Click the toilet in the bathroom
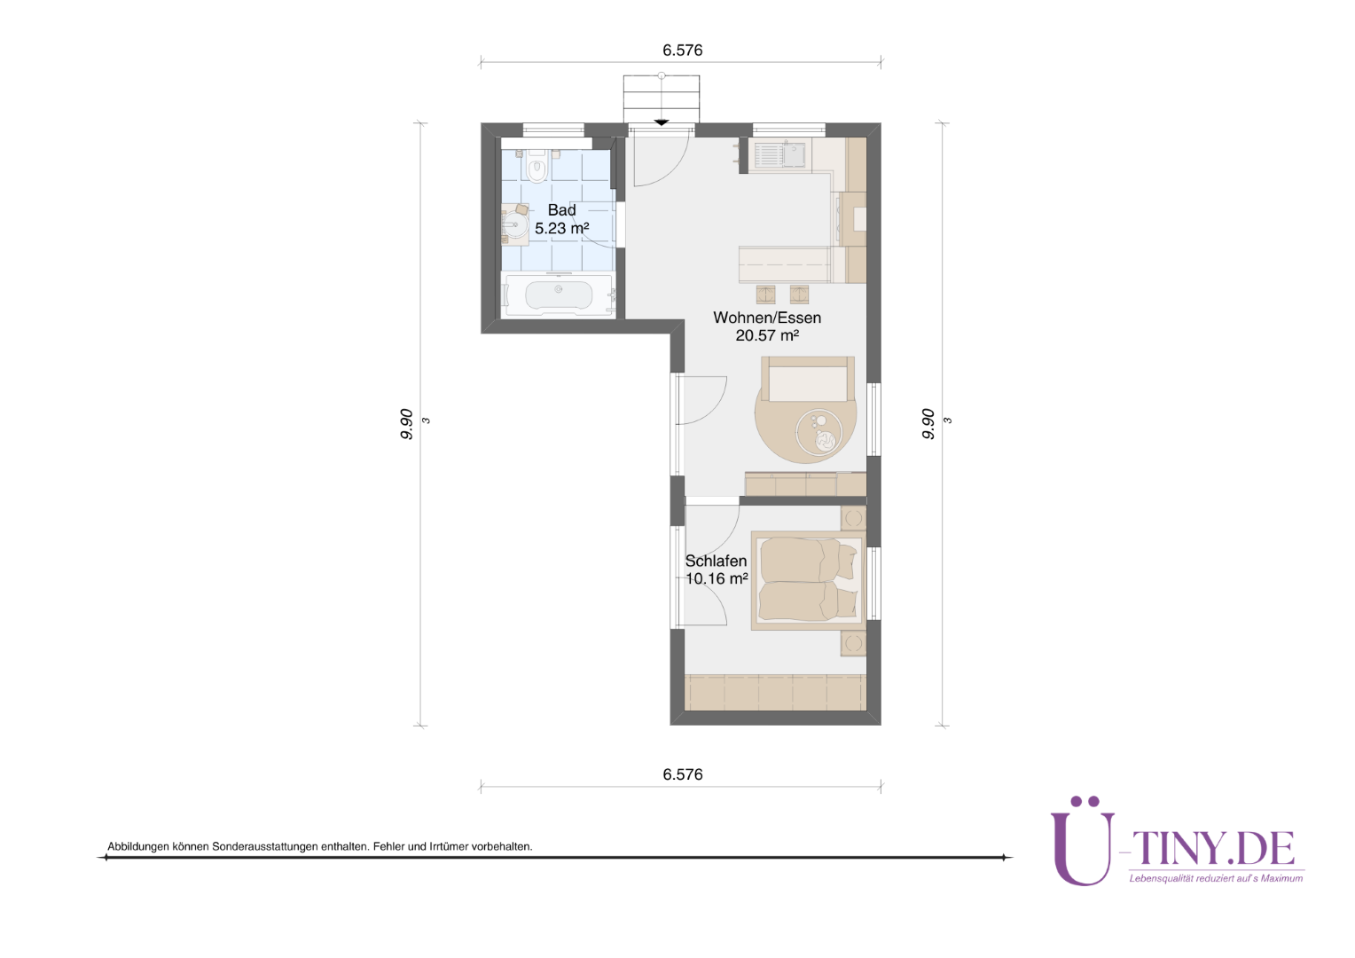(537, 166)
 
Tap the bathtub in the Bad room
(559, 295)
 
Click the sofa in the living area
(808, 379)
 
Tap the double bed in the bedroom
(809, 580)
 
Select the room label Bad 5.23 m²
(562, 219)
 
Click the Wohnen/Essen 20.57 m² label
(767, 326)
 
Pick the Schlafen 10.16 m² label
(717, 569)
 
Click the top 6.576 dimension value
(682, 51)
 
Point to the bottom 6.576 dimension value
(682, 774)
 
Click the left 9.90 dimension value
(406, 424)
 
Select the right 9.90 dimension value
(928, 424)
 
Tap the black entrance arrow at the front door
(662, 122)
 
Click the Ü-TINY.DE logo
(1177, 841)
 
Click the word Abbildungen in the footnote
(138, 846)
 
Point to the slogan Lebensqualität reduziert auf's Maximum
(1216, 878)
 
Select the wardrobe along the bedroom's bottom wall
(776, 692)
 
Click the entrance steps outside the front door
(662, 98)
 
